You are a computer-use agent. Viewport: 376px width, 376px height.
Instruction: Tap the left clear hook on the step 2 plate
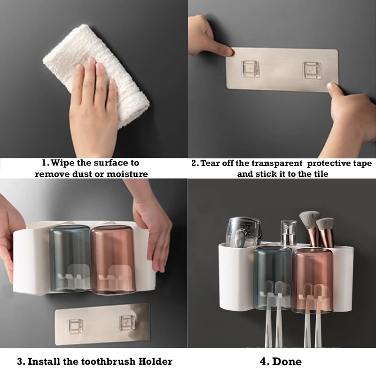[x=251, y=69]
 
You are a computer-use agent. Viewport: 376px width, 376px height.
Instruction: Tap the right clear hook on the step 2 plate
[x=312, y=70]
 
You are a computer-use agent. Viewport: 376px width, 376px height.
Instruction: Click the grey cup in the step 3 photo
[x=70, y=258]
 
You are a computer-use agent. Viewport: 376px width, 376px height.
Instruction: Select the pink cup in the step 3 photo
[x=113, y=260]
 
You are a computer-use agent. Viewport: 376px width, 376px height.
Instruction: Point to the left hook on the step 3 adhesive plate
[x=75, y=326]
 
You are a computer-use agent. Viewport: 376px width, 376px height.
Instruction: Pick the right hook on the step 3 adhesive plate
[x=127, y=322]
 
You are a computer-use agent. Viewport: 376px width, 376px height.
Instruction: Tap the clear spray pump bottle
[x=289, y=233]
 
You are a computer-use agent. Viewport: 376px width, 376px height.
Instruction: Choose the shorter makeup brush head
[x=325, y=226]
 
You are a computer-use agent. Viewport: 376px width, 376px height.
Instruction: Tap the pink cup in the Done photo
[x=313, y=281]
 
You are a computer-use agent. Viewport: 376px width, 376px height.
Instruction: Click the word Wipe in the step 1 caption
[x=63, y=163]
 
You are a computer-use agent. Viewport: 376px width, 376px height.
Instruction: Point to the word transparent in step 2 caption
[x=277, y=163]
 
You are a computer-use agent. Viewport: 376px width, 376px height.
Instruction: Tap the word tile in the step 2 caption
[x=321, y=174]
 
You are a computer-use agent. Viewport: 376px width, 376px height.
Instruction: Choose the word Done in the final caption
[x=287, y=361]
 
